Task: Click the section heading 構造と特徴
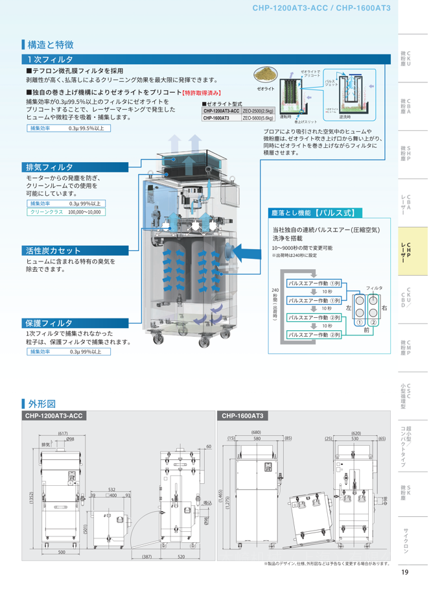(x=51, y=45)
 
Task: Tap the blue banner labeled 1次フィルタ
(x=45, y=60)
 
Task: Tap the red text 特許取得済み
(x=202, y=93)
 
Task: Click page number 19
(x=404, y=571)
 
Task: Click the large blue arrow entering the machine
(x=243, y=250)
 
